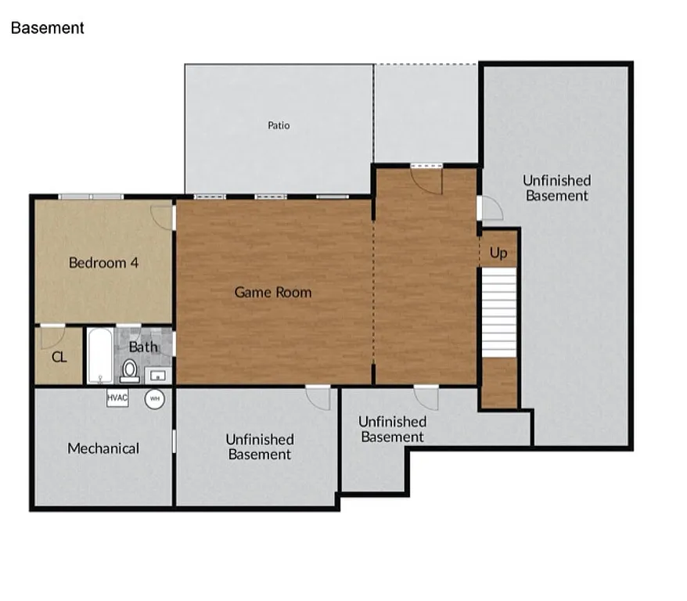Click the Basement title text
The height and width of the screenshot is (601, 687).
(x=47, y=28)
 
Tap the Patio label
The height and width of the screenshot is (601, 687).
(x=279, y=125)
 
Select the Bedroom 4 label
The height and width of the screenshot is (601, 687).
(x=103, y=263)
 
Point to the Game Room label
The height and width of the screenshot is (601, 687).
(x=273, y=293)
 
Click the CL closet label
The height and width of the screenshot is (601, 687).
(x=59, y=358)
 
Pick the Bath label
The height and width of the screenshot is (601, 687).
(x=143, y=347)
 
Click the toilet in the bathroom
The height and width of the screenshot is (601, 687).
(x=130, y=370)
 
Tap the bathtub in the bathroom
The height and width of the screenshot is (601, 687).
(x=99, y=356)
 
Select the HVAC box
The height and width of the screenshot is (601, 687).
(x=117, y=398)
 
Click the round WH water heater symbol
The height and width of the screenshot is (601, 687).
(x=154, y=398)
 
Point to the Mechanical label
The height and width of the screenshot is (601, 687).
(x=103, y=448)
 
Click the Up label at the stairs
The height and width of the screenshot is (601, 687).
(x=498, y=253)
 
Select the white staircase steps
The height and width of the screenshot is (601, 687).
(x=498, y=311)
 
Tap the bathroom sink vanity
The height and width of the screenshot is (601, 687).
(x=160, y=374)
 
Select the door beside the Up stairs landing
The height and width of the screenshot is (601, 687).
(x=490, y=209)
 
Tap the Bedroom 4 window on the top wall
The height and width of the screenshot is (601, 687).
(x=91, y=196)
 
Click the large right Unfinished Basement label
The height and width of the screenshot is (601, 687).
(x=556, y=189)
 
